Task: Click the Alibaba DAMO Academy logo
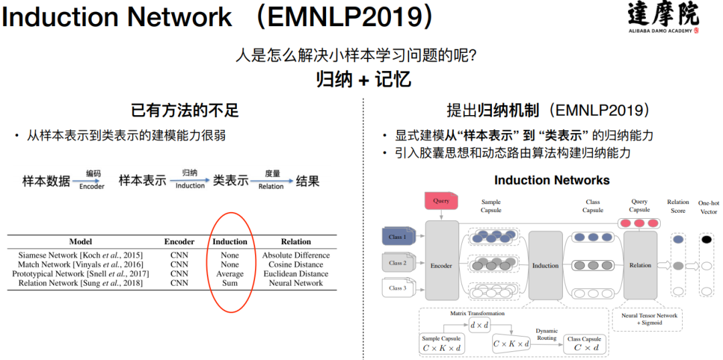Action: [x=663, y=17]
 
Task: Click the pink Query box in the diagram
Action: [x=441, y=200]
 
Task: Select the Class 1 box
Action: [x=398, y=237]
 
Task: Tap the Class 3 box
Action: [x=398, y=288]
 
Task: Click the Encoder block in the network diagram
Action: [x=441, y=265]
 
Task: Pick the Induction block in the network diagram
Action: [x=545, y=265]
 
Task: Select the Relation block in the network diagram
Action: [x=640, y=265]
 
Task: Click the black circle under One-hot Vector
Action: [x=706, y=239]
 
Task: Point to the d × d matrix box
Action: [x=479, y=326]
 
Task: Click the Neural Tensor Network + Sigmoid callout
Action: [x=649, y=319]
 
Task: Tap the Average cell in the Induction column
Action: [x=230, y=274]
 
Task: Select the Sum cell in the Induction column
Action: [x=230, y=283]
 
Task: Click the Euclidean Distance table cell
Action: [x=296, y=274]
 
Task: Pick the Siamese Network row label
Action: [x=81, y=255]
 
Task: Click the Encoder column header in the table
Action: [x=179, y=242]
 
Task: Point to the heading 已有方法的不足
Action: [x=184, y=110]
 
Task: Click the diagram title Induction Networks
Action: [x=552, y=180]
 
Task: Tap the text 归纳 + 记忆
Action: [x=364, y=80]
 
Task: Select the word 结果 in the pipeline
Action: [x=307, y=181]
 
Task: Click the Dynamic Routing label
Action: [x=546, y=335]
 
